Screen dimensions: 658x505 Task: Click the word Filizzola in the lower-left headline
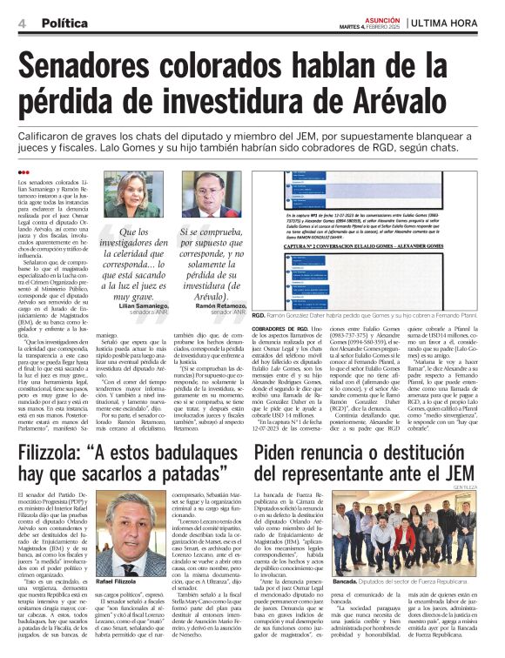55,453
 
